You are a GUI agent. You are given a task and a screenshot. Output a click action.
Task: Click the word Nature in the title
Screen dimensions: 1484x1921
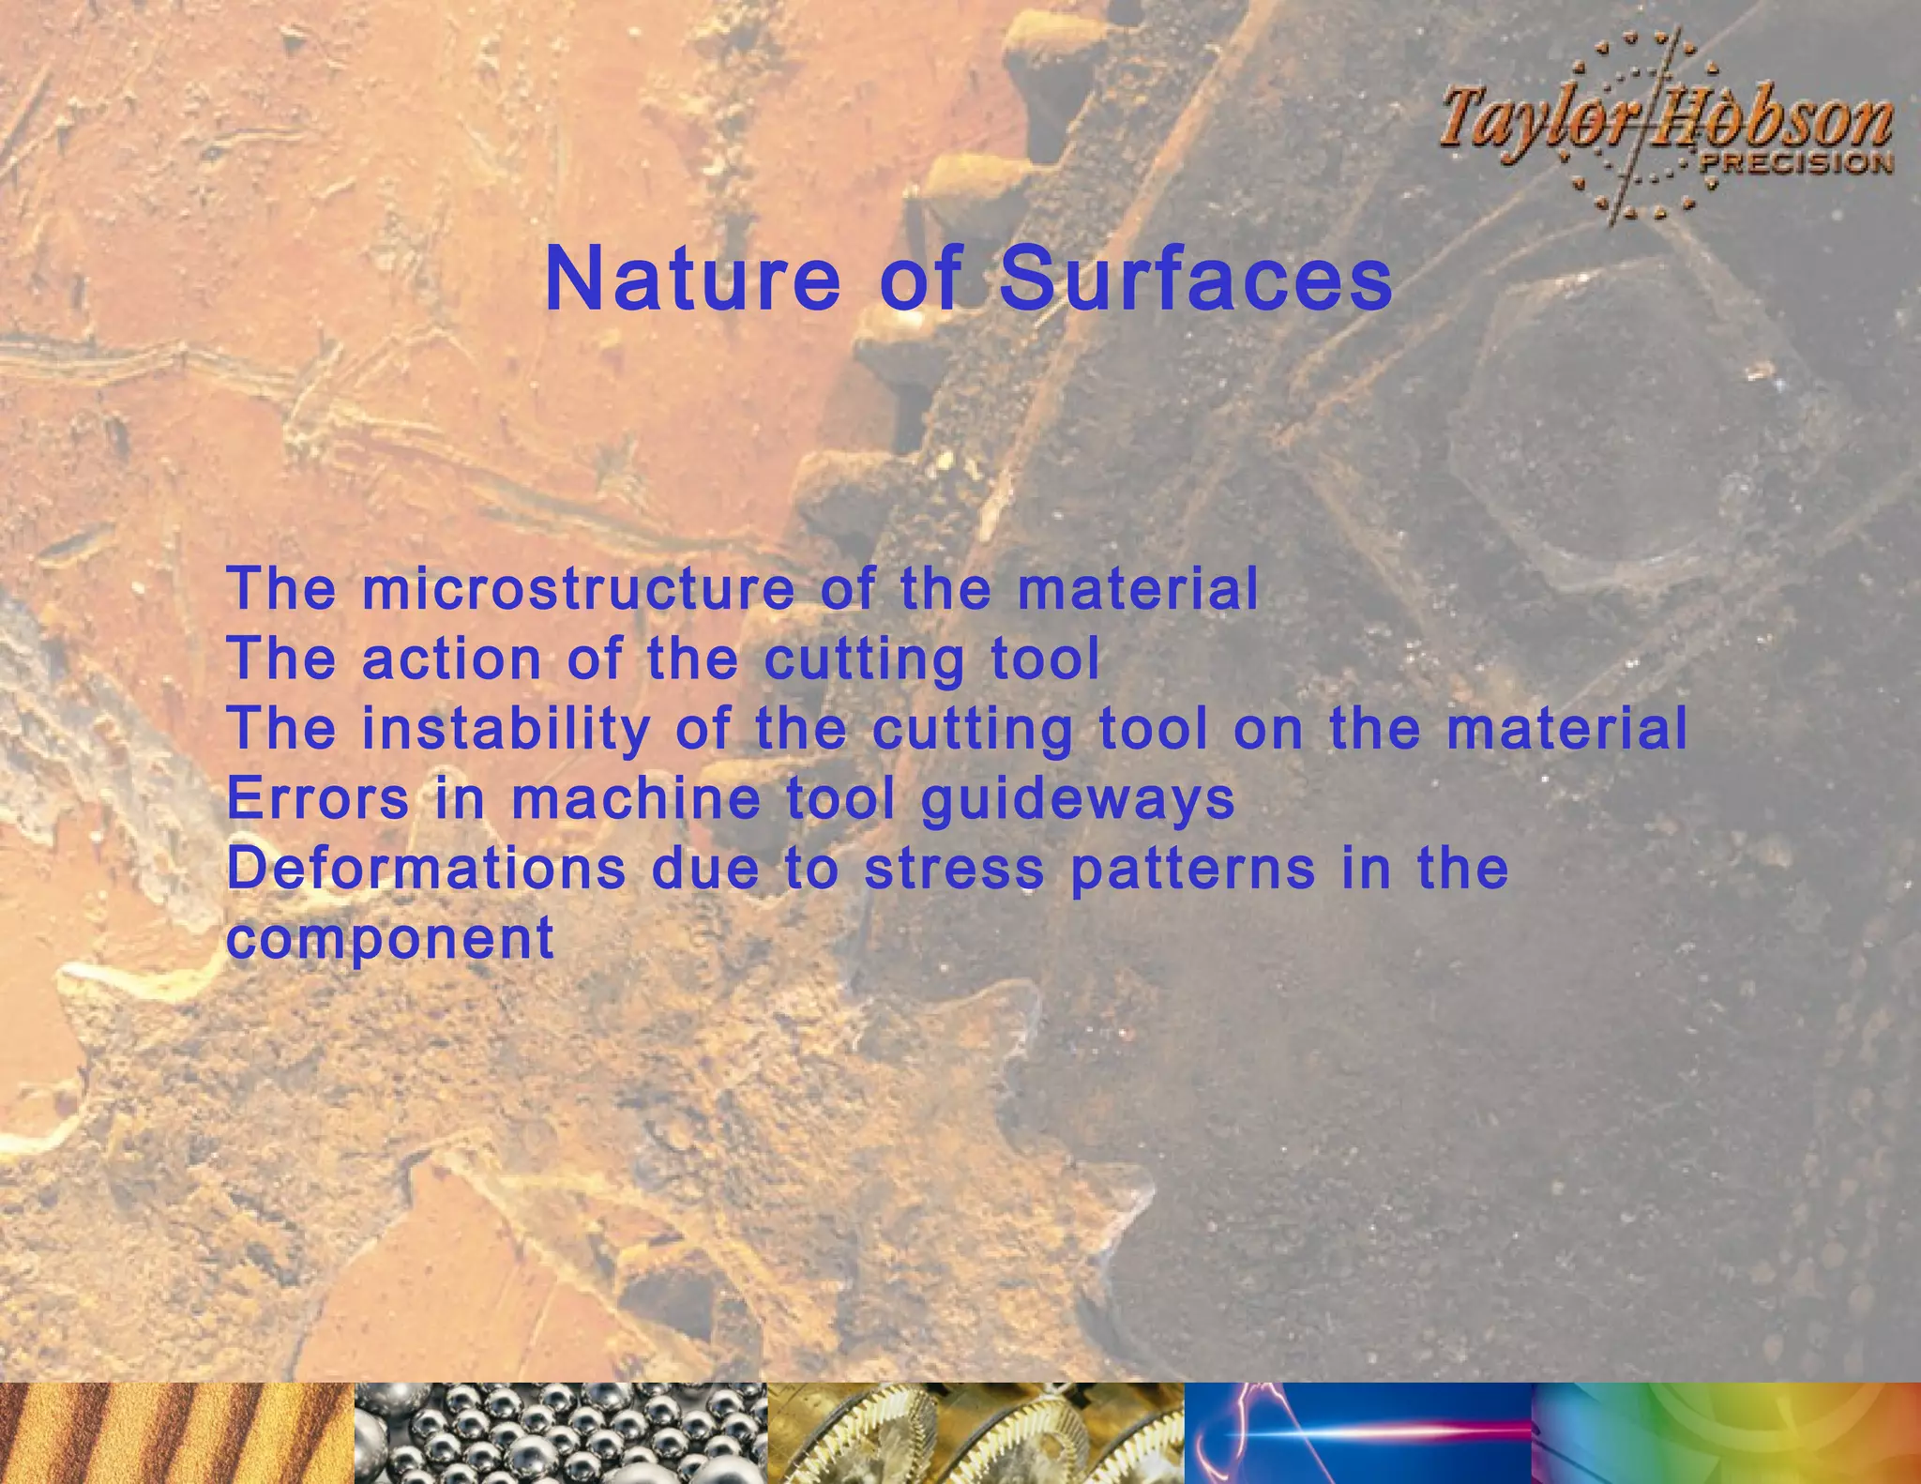pos(692,280)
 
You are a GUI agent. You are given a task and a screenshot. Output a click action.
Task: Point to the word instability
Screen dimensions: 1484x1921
pos(506,729)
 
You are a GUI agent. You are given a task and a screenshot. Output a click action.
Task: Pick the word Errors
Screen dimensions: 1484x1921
pos(318,798)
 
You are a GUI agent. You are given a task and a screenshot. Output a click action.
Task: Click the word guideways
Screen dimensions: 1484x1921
pos(1078,800)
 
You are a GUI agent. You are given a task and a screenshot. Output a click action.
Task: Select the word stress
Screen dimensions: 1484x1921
pos(954,869)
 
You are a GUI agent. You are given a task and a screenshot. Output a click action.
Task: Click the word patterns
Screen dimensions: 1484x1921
pos(1192,870)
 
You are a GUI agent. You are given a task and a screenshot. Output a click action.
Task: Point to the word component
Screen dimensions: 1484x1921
pos(390,939)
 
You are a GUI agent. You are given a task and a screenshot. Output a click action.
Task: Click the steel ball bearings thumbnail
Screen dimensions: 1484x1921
pos(561,1432)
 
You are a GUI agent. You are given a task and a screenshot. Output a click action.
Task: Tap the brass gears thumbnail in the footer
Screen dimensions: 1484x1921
pos(976,1432)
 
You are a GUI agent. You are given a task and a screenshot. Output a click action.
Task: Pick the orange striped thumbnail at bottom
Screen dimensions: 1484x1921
pos(176,1432)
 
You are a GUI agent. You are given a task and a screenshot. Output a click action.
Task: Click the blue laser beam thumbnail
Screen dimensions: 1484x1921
pos(1357,1432)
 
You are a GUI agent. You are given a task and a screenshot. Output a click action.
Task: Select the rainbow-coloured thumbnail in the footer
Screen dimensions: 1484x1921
pos(1726,1432)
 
